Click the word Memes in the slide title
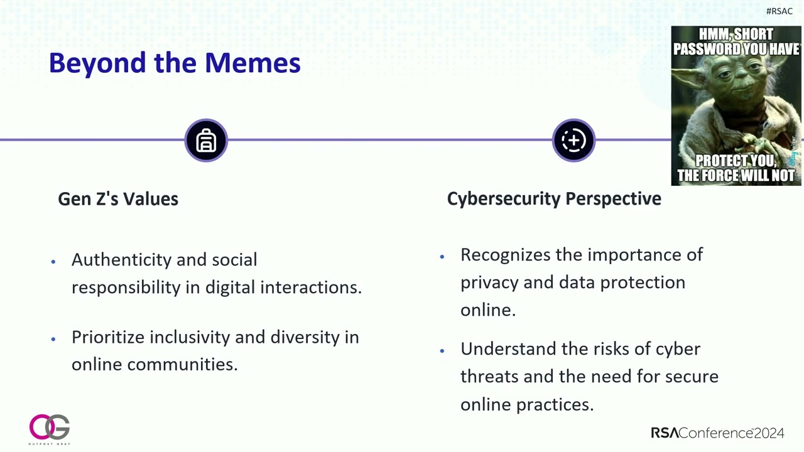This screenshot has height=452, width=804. [x=253, y=63]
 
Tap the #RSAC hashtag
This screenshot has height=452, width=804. [x=779, y=11]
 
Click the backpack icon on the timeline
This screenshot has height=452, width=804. [x=206, y=141]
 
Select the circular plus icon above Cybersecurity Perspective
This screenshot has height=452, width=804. [x=573, y=141]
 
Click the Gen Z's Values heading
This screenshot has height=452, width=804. [x=118, y=199]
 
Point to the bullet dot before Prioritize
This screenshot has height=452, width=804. [x=53, y=338]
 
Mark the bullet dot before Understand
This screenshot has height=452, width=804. [x=442, y=350]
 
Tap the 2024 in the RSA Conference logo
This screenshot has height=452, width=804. [x=769, y=433]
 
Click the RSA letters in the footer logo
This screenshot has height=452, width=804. [x=665, y=433]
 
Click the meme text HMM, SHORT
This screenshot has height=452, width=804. [x=736, y=35]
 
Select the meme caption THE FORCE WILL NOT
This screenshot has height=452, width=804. [x=736, y=175]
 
